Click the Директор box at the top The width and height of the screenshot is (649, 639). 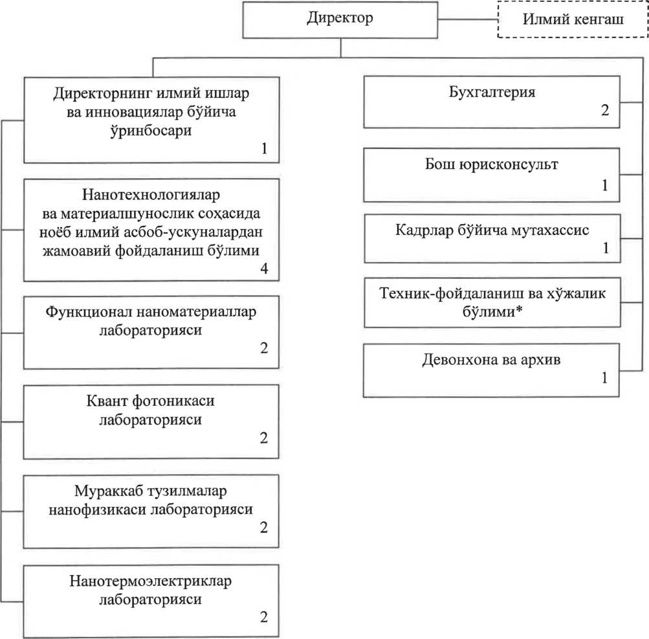coord(340,20)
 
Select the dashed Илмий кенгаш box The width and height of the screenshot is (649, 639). coord(573,19)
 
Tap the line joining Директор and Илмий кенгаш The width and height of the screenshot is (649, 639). coord(468,19)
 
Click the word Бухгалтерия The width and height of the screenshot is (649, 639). coord(492,91)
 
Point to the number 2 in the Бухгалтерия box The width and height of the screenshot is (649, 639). coord(605,110)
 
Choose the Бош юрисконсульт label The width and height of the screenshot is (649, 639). coord(491,164)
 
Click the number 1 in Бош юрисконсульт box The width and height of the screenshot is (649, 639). coord(605,185)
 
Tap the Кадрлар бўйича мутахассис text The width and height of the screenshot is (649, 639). coord(492,230)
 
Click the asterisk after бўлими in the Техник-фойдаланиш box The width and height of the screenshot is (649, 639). coord(518,309)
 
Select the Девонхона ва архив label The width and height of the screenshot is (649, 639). coord(491,359)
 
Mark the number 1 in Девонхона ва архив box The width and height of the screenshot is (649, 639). coord(604,377)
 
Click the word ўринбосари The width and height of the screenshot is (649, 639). coord(151,131)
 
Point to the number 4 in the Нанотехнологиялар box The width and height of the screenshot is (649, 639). coord(264,269)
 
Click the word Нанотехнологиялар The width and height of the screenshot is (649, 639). coord(151,195)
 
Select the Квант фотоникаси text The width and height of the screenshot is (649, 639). coord(150,401)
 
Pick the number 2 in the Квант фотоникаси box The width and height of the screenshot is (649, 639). coord(263,438)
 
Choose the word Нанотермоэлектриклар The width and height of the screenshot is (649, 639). coord(150,581)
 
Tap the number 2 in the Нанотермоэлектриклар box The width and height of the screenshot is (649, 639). coord(263,617)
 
